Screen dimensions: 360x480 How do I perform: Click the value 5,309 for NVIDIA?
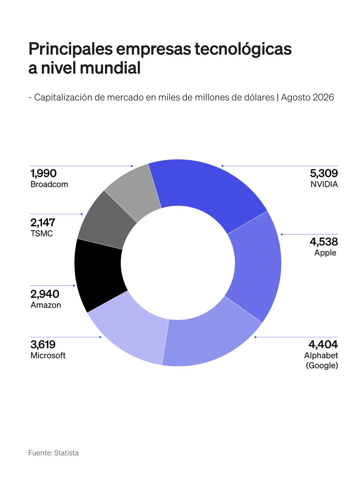324,173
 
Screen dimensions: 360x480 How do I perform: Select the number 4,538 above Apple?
324,242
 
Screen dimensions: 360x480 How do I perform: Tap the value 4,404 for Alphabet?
323,344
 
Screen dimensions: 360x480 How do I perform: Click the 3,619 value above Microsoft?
43,344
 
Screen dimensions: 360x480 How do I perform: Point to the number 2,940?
45,294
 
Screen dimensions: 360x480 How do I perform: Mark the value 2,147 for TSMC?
43,223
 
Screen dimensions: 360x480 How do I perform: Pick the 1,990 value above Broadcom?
44,173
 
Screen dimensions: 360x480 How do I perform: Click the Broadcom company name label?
49,184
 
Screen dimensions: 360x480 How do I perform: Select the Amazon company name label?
46,305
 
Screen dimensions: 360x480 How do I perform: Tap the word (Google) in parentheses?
322,366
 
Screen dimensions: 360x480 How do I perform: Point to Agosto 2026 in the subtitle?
308,98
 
